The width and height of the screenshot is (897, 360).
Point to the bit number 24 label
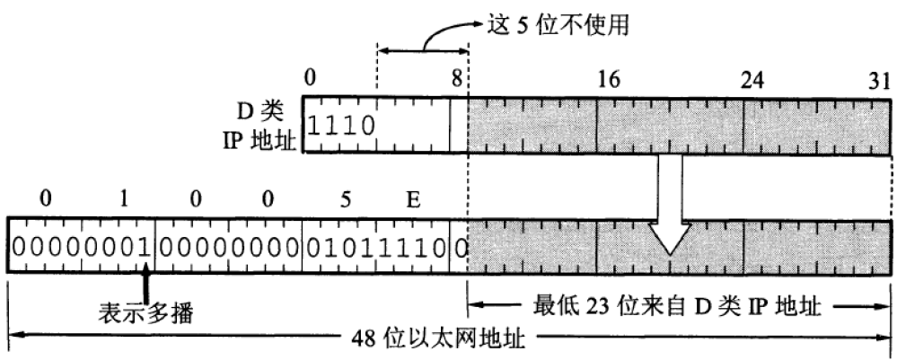click(x=753, y=79)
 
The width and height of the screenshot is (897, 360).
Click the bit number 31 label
click(x=876, y=79)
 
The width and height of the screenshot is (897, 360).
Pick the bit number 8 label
click(x=457, y=79)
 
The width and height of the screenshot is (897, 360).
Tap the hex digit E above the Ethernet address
click(x=413, y=198)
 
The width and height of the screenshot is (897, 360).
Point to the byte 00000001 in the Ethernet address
click(x=81, y=245)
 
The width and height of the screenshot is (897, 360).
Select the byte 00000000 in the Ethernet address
click(x=230, y=245)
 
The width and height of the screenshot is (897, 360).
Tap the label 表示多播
click(x=146, y=314)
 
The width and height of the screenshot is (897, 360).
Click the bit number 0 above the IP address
click(x=310, y=79)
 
